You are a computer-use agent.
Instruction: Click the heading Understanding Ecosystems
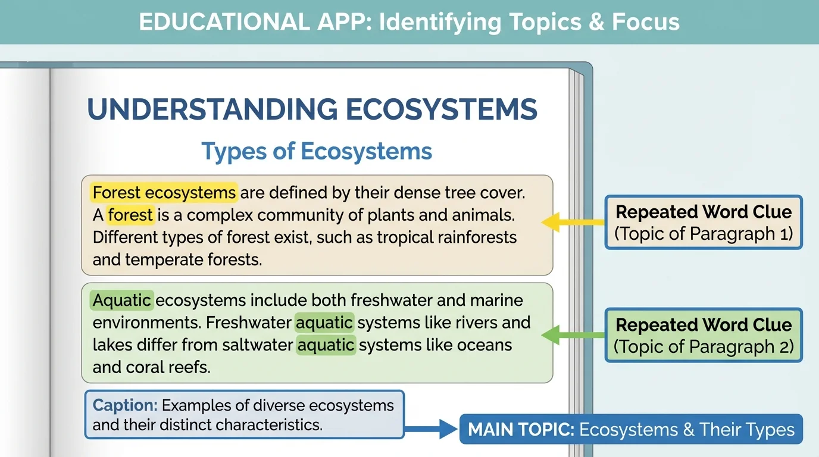pos(312,109)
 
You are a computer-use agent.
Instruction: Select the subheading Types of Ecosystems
pos(317,151)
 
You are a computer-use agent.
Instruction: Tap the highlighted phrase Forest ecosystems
pos(164,192)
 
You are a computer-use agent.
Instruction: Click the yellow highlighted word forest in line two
pos(130,215)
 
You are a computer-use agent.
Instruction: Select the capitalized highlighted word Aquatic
pos(122,300)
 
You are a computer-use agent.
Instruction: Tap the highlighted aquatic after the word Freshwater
pos(324,323)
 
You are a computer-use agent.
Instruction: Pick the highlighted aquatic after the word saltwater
pos(326,345)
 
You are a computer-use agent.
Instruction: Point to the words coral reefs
pos(168,367)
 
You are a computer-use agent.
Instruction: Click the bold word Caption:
pos(125,405)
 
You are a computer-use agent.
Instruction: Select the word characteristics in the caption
pos(269,425)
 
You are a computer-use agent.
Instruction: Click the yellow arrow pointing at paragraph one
pos(573,222)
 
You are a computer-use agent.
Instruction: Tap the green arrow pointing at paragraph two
pos(573,335)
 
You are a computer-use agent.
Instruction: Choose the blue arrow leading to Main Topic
pos(431,429)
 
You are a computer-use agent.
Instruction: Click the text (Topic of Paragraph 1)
pos(704,234)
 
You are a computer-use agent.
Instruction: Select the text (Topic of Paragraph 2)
pos(704,346)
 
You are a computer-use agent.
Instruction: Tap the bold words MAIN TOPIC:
pos(521,429)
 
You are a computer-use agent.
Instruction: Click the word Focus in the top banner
pos(646,22)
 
